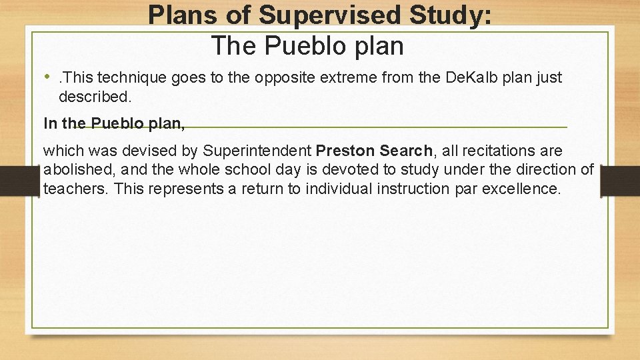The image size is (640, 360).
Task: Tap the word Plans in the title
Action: [x=179, y=15]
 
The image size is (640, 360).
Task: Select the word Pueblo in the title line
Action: [x=306, y=46]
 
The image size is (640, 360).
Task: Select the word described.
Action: [x=95, y=97]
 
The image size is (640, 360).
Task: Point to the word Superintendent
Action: [x=257, y=151]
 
